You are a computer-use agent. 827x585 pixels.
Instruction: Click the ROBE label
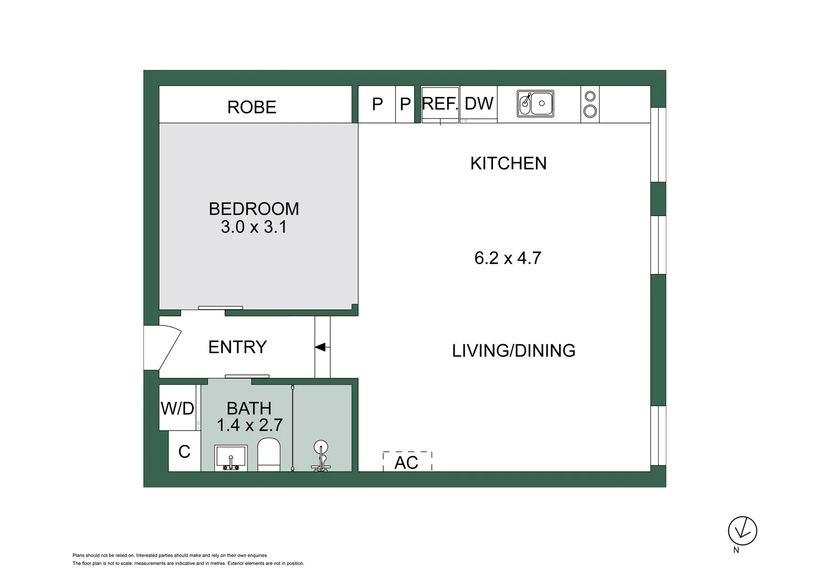click(x=252, y=107)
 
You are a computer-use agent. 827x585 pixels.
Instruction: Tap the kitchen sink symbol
click(x=535, y=103)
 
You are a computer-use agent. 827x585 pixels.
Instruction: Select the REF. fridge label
click(x=439, y=103)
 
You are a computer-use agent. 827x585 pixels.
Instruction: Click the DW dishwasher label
click(x=479, y=103)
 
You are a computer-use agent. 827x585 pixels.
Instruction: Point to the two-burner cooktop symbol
click(x=590, y=104)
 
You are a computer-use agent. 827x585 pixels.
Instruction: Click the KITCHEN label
click(x=508, y=163)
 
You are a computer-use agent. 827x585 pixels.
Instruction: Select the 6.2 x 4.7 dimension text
click(x=508, y=258)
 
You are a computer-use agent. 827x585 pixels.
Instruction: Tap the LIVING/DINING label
click(x=514, y=350)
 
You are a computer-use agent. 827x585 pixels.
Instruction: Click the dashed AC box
click(x=407, y=462)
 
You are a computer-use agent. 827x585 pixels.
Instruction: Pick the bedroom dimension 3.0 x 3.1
click(x=254, y=226)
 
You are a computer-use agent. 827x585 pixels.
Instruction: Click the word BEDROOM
click(x=254, y=209)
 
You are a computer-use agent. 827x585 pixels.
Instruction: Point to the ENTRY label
click(x=238, y=347)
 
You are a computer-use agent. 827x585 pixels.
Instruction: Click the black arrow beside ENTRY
click(x=320, y=347)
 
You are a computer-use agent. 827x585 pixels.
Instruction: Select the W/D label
click(x=178, y=408)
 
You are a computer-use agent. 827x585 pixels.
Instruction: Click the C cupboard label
click(x=184, y=451)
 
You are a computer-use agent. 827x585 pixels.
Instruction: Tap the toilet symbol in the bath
click(x=268, y=454)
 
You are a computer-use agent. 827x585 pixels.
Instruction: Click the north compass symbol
click(x=742, y=531)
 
